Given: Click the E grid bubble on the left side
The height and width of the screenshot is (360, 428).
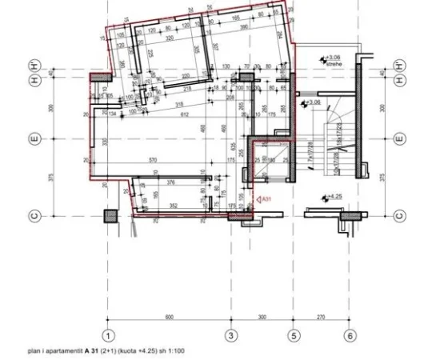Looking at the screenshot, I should click(34, 139).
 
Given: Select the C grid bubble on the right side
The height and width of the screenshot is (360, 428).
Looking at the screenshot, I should click(398, 215).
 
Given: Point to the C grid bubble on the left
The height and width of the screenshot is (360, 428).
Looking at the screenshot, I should click(34, 215).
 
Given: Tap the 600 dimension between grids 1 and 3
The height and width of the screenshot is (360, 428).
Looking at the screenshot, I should click(170, 317).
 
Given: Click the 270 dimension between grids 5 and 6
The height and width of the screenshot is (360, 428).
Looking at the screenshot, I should click(321, 317).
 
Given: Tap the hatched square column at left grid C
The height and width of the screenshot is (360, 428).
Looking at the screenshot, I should click(109, 215).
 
